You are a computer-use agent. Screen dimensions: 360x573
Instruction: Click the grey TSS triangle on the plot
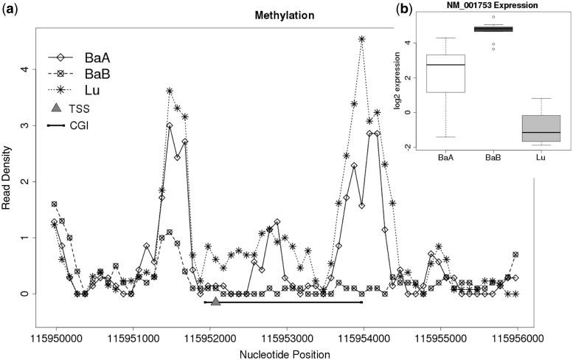coord(215,301)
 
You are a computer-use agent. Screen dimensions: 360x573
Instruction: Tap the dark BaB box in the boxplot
coord(487,30)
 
